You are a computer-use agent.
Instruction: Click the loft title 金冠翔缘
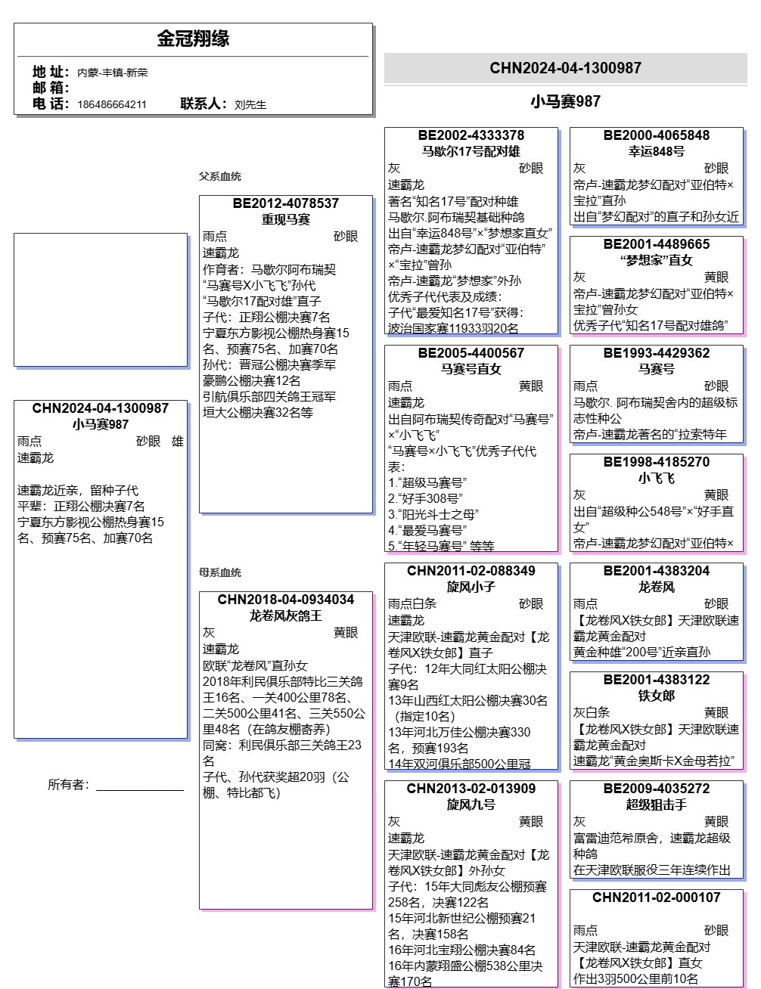point(193,39)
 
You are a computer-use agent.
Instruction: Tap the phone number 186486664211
point(111,104)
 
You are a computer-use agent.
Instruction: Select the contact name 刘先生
point(250,104)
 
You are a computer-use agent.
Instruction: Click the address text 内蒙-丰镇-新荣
point(112,73)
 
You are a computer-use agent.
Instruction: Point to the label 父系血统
point(220,176)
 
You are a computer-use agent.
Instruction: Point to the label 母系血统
point(220,572)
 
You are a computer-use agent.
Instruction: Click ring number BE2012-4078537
point(286,203)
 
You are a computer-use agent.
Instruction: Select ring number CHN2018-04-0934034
point(286,600)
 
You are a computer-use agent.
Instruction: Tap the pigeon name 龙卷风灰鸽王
point(286,615)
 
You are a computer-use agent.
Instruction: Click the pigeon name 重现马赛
point(286,219)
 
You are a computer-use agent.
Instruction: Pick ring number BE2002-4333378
point(471,135)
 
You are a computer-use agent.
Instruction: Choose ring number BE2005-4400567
point(471,353)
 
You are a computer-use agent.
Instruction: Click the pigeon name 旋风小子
point(471,587)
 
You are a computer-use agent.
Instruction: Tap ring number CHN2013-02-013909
point(471,789)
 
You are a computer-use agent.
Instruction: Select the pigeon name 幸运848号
point(656,151)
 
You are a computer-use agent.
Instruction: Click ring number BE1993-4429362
point(656,353)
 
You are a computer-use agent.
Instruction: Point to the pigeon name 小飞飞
point(656,478)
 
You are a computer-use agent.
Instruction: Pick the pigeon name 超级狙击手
point(656,805)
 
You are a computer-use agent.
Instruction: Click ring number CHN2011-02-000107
point(656,898)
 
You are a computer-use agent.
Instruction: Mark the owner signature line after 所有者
point(140,789)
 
